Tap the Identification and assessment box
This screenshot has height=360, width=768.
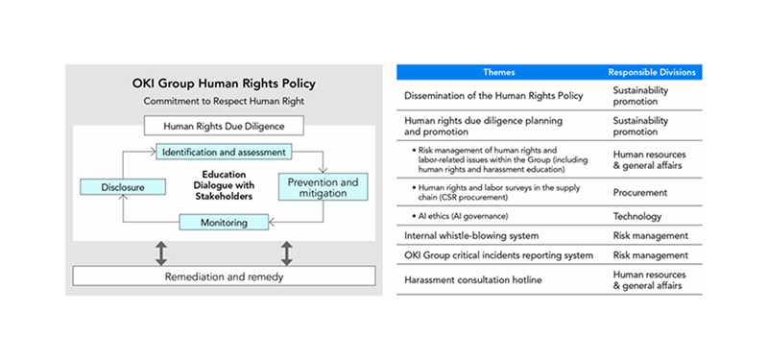coord(223,153)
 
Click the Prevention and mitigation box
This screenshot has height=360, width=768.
coord(323,186)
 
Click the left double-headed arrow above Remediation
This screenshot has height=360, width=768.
coord(161,252)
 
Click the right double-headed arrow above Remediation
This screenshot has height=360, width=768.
coord(287,252)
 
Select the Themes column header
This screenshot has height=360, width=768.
coord(498,73)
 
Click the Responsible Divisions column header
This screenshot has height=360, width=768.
coord(653,73)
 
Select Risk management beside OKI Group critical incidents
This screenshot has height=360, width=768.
coord(650,255)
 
